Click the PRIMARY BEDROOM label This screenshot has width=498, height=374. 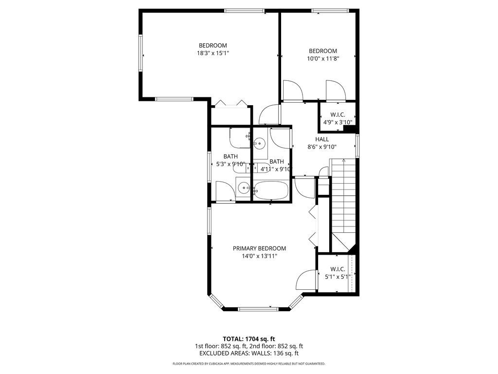(x=259, y=248)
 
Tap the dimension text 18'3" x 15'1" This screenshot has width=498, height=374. (x=210, y=54)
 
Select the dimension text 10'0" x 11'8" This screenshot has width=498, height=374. (x=323, y=58)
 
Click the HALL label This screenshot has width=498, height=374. (x=322, y=139)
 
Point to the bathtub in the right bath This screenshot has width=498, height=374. (x=272, y=190)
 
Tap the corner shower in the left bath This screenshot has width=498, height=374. (x=239, y=138)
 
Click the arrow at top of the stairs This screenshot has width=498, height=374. (x=343, y=160)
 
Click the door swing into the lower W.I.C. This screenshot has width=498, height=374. (x=305, y=281)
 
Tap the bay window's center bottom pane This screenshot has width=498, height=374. (x=257, y=308)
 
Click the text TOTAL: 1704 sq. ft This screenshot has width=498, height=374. (x=249, y=338)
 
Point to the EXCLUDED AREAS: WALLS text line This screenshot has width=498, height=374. (x=249, y=354)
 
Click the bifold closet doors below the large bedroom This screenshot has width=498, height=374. (x=231, y=103)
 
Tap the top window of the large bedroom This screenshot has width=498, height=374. (x=244, y=11)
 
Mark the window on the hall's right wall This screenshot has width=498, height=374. (x=357, y=145)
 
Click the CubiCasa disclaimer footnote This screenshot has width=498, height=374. (x=249, y=364)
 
